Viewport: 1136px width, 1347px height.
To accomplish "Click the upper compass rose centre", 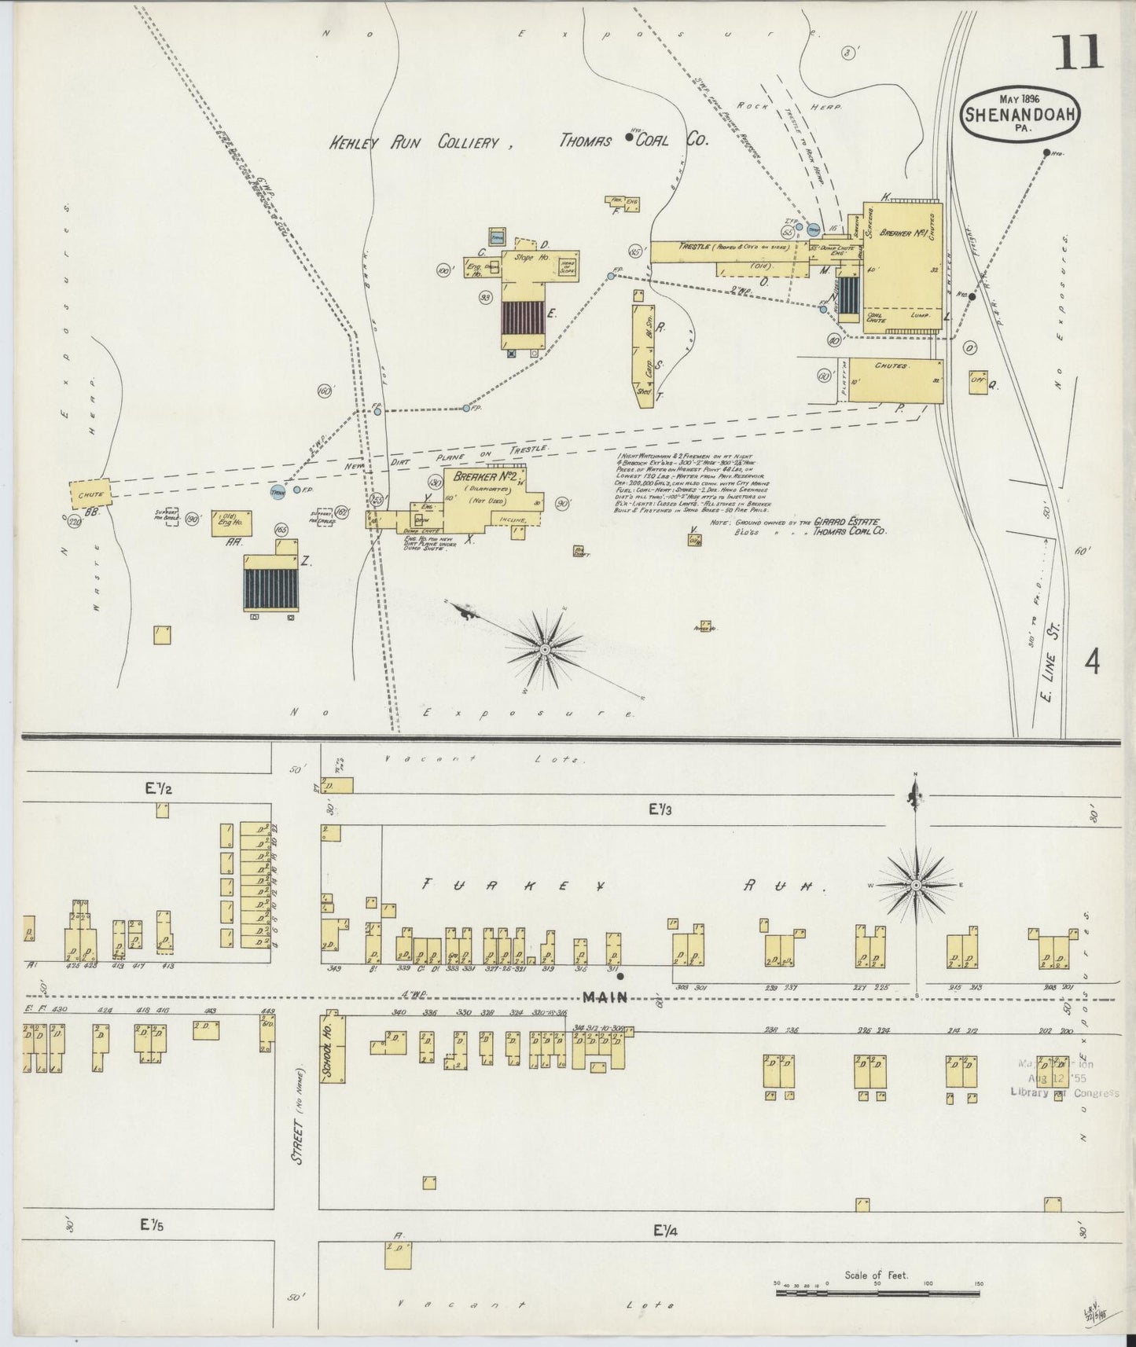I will pyautogui.click(x=544, y=649).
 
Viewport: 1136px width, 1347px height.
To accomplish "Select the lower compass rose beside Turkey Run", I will pyautogui.click(x=916, y=886).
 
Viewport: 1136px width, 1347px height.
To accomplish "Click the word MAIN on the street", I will pyautogui.click(x=606, y=997).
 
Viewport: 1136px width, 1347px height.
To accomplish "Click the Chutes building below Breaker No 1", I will pyautogui.click(x=895, y=380).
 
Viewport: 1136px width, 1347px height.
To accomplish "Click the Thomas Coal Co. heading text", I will pyautogui.click(x=634, y=140).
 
